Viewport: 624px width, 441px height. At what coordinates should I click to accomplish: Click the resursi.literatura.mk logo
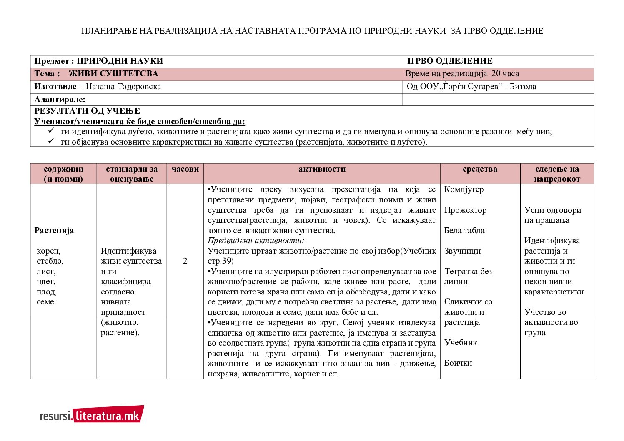(x=92, y=415)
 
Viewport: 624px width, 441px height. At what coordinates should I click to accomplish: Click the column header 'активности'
(x=322, y=169)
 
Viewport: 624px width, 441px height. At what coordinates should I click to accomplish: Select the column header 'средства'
(x=480, y=169)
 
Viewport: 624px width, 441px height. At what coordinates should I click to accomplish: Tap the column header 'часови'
(x=185, y=169)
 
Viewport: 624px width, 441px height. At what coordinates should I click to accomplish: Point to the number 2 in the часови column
(x=185, y=261)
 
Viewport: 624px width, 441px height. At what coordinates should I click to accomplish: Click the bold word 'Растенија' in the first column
(x=54, y=231)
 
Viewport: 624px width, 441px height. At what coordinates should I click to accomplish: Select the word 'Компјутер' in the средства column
(x=464, y=189)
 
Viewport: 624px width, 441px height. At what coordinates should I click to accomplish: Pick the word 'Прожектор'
(x=465, y=210)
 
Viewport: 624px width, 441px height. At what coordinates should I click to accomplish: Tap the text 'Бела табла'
(x=464, y=231)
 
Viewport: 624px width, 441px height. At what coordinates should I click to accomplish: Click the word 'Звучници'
(x=462, y=251)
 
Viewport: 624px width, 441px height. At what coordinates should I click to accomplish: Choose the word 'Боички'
(x=458, y=363)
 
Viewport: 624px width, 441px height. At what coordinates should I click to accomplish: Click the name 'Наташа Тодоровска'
(x=123, y=87)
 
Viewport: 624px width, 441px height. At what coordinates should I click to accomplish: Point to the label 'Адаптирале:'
(x=60, y=100)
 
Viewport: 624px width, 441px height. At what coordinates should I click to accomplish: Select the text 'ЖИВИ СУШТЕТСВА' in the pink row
(x=113, y=74)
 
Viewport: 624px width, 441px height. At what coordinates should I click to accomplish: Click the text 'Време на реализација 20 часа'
(x=462, y=74)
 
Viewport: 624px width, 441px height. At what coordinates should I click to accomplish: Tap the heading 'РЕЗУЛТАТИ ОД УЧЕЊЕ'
(x=87, y=111)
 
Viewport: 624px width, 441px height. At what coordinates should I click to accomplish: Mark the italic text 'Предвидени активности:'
(x=256, y=241)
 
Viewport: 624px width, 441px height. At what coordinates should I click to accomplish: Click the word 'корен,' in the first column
(x=48, y=251)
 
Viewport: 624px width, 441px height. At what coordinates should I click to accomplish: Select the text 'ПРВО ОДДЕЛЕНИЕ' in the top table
(x=450, y=61)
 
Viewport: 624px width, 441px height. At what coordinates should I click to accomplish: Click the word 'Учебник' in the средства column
(x=461, y=343)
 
